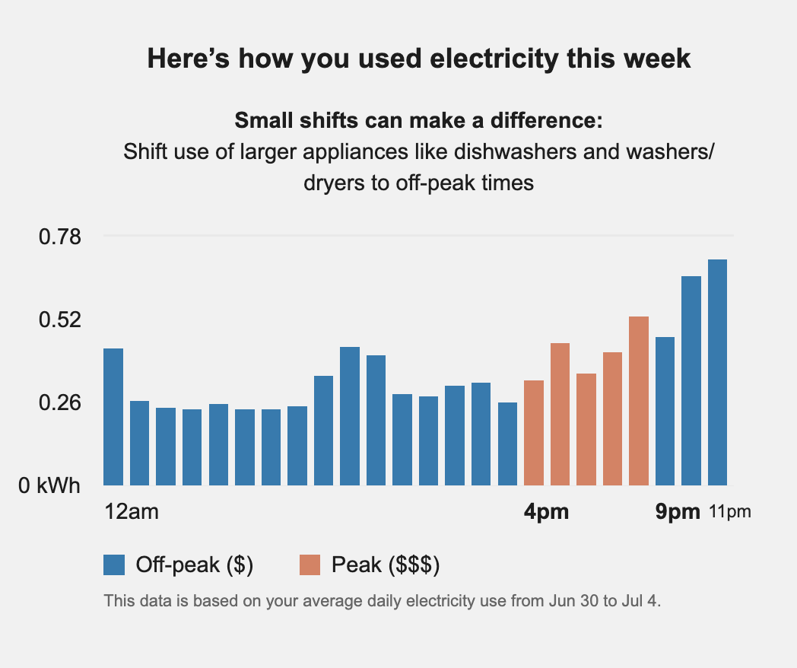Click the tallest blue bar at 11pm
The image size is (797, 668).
(x=717, y=372)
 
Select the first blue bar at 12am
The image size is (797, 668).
(x=113, y=416)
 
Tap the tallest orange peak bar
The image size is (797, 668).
(x=639, y=400)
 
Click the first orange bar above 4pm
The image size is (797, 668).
(x=534, y=432)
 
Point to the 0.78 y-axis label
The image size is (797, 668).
(x=59, y=237)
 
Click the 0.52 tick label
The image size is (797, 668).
(x=59, y=320)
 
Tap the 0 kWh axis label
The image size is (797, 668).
(x=49, y=485)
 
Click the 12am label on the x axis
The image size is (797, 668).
(x=132, y=512)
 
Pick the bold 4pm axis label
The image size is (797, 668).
(x=546, y=512)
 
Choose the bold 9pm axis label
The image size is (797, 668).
(x=678, y=512)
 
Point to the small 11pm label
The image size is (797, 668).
(x=729, y=512)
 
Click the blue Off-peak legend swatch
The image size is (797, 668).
(x=114, y=565)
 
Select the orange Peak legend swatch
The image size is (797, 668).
(x=310, y=565)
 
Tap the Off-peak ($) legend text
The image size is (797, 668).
(x=194, y=565)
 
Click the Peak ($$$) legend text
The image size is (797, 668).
(x=386, y=565)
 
